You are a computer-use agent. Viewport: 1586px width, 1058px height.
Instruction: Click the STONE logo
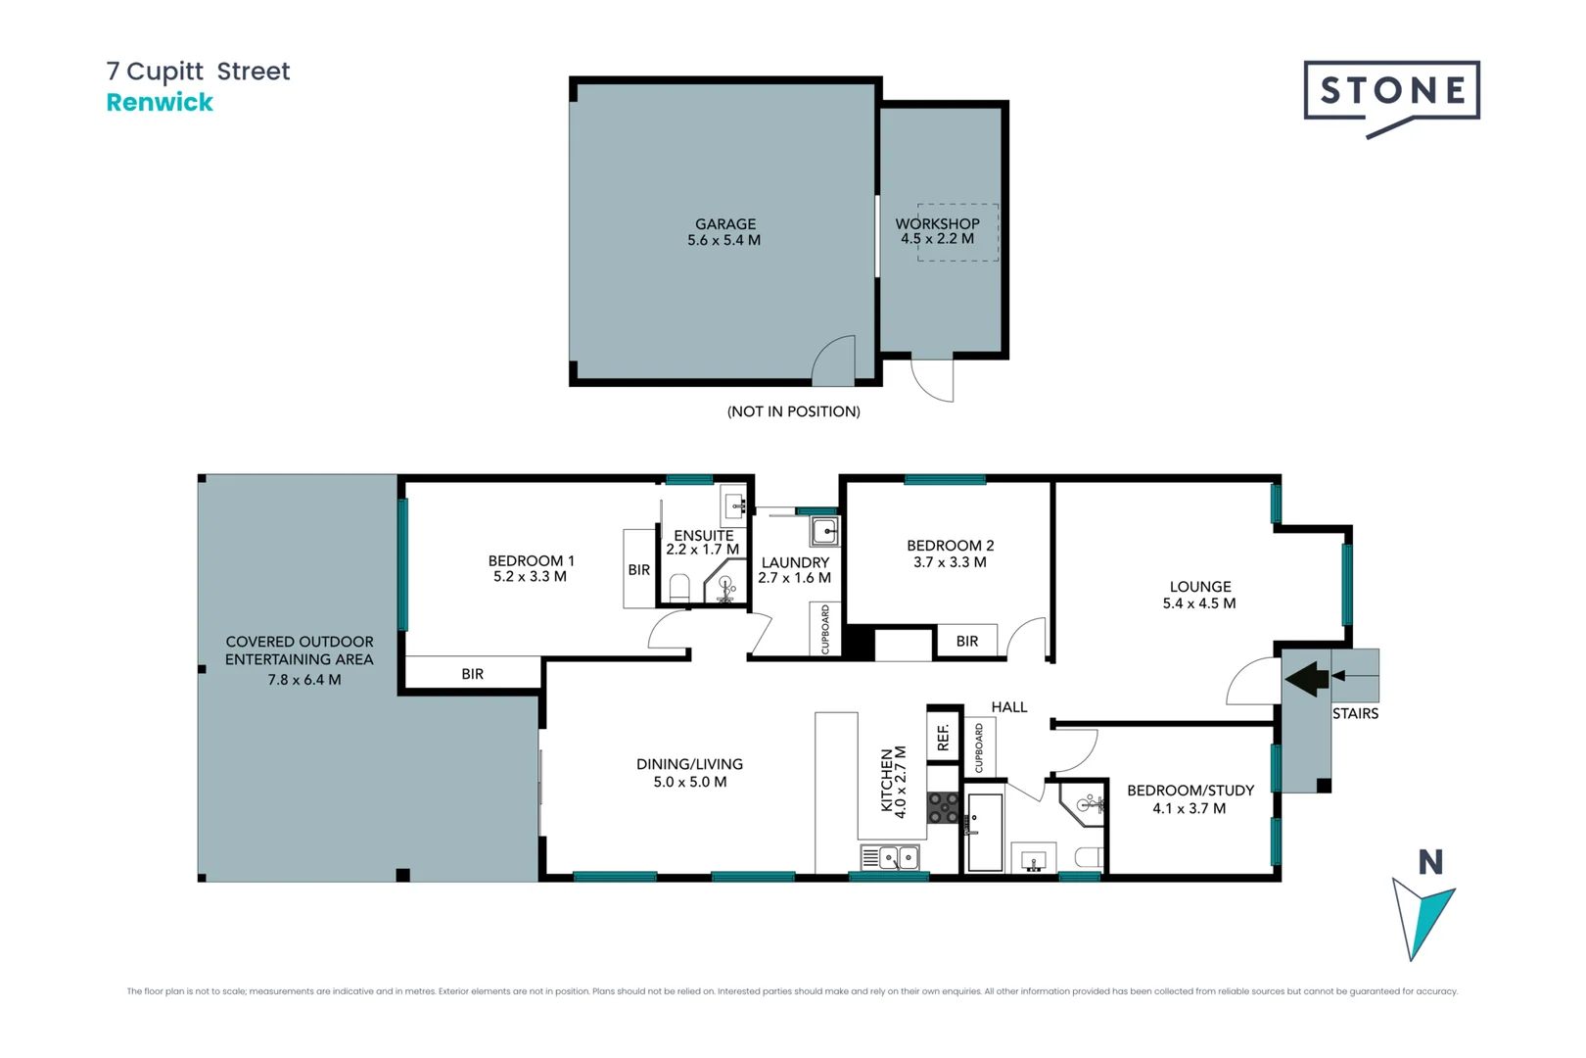[1391, 92]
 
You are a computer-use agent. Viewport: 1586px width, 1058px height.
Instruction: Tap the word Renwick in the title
[160, 103]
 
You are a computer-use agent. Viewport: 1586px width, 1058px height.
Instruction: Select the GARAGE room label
[724, 224]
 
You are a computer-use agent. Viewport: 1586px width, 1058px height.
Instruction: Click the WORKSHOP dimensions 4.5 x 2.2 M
[937, 239]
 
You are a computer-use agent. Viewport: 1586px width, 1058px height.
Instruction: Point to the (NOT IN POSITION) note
[793, 411]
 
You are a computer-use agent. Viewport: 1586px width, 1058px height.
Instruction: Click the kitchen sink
[891, 858]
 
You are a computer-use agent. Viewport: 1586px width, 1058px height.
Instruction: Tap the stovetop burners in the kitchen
[943, 808]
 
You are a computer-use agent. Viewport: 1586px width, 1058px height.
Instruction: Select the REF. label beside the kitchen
[944, 737]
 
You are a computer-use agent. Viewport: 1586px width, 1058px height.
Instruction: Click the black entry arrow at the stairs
[1307, 678]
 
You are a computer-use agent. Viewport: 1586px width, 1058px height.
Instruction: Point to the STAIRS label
[1355, 713]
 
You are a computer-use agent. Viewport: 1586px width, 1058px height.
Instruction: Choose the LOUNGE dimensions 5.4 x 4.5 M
[1198, 603]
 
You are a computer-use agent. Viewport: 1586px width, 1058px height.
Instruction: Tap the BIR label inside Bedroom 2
[966, 641]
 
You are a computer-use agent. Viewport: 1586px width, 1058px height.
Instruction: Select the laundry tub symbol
[824, 532]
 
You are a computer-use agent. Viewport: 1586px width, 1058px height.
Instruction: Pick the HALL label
[1008, 707]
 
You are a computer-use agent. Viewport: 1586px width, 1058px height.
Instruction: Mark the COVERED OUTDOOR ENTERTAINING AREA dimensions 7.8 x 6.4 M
[303, 680]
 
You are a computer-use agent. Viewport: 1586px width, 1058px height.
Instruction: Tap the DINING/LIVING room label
[689, 764]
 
